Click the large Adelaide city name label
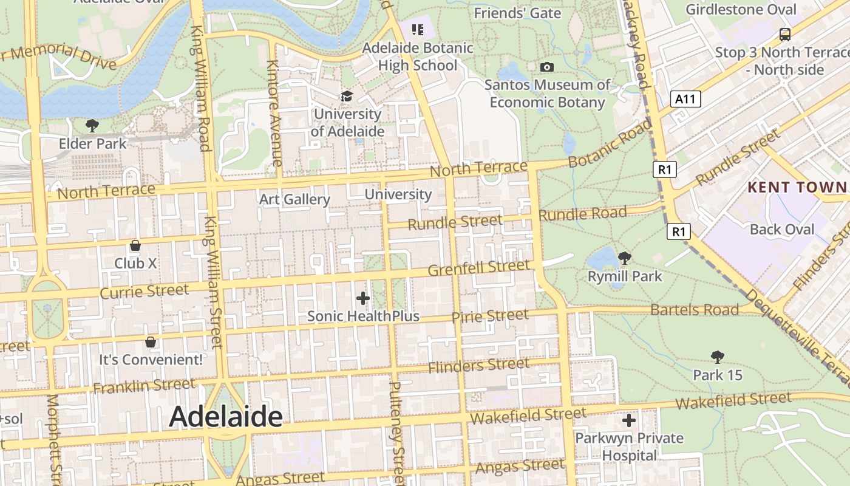[225, 417]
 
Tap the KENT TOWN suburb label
[797, 187]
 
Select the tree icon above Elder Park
[92, 126]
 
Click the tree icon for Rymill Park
[624, 258]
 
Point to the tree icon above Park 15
[718, 357]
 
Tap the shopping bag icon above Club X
[135, 245]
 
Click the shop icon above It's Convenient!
[151, 342]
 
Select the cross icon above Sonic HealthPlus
[363, 298]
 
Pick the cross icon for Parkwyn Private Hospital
[629, 420]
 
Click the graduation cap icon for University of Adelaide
[347, 96]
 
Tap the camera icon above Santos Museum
[546, 67]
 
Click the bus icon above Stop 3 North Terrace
[785, 34]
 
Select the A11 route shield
[686, 99]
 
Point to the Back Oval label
[782, 229]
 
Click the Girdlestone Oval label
[741, 10]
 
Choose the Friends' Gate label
[517, 13]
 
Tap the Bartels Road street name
[695, 310]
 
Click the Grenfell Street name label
[478, 268]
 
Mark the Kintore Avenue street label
[274, 113]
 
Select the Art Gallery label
[294, 199]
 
